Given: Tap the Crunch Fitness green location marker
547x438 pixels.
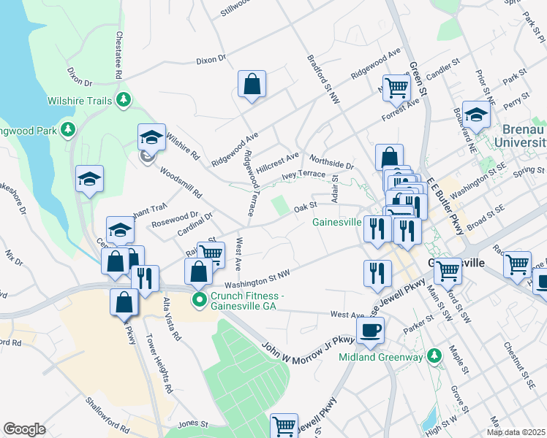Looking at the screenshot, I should point(198,300).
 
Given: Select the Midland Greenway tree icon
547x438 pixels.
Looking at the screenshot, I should point(435,356).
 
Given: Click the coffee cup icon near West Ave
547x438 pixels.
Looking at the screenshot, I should point(371,329).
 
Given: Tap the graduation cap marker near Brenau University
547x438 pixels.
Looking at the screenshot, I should point(476,114).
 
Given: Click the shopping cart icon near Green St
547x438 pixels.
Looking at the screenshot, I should point(396,88).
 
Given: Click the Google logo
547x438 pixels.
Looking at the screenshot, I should point(24,429).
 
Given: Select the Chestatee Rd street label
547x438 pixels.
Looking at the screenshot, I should point(118,55).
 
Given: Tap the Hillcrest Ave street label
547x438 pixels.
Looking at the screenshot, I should point(279,157).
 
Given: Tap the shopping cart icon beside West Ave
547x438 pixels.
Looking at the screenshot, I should point(210,253).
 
